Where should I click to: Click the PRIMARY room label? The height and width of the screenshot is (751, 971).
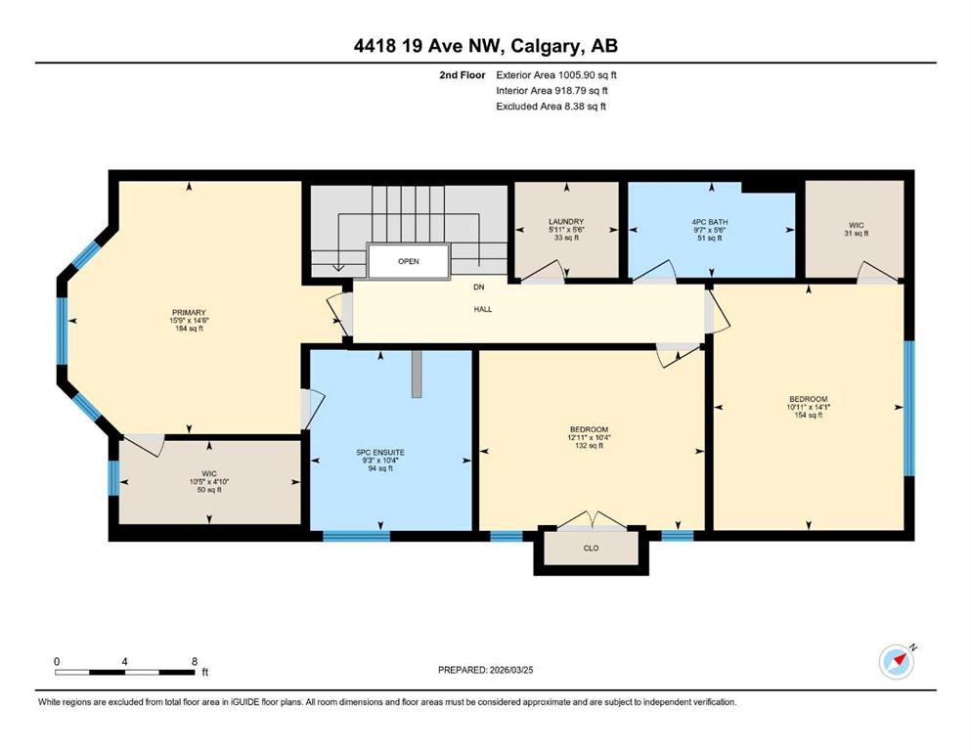point(189,313)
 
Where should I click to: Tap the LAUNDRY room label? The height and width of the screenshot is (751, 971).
point(566,222)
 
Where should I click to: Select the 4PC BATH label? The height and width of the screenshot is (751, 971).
point(710,222)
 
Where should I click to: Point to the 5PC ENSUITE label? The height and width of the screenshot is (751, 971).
point(380,453)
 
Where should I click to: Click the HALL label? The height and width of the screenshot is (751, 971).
point(483,309)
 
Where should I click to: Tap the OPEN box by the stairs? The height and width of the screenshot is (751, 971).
point(408,261)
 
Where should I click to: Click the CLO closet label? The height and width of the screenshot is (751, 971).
point(591,548)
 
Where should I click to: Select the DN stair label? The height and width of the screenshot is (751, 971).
point(479,287)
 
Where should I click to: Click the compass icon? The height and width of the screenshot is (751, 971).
point(897,662)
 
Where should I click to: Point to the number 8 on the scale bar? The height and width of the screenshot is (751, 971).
point(195,661)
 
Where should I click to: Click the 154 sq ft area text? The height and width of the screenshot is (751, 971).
point(808,416)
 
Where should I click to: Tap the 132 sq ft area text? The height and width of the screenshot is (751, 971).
point(589,446)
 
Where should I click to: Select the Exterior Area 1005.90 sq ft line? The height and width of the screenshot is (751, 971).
point(556,75)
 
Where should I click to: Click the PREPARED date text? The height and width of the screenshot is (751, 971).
point(485,670)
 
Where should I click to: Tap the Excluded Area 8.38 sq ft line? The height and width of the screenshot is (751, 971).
point(551,106)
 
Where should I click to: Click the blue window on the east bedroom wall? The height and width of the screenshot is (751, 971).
point(909,408)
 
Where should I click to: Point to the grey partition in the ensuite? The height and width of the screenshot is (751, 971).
point(418,374)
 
